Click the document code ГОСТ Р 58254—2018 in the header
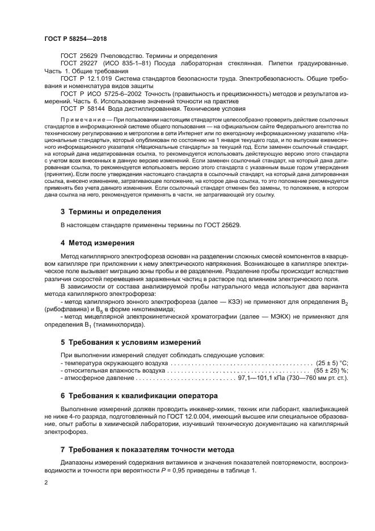pos(75,39)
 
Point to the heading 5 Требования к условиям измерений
pos(130,342)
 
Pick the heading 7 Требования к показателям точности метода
pos(147,449)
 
